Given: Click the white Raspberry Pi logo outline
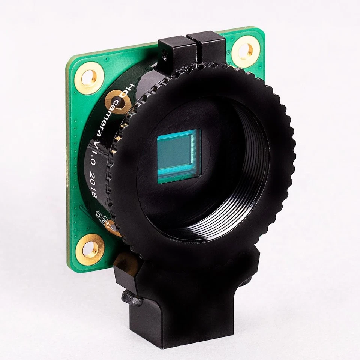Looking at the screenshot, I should pos(102,218).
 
